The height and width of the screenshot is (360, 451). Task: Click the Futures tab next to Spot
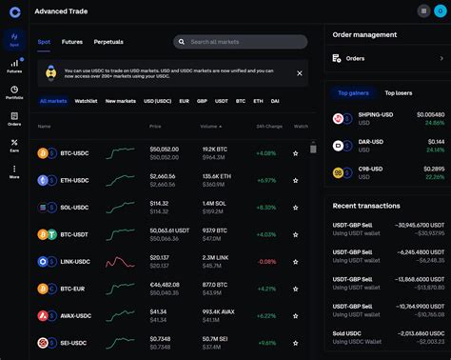(x=71, y=42)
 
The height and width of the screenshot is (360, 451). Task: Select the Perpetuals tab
(x=108, y=42)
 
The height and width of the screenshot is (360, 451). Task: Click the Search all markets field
(x=241, y=42)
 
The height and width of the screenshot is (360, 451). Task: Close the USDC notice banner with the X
(x=300, y=72)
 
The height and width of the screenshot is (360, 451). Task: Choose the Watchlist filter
(x=86, y=100)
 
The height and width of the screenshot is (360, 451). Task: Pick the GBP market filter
(x=203, y=100)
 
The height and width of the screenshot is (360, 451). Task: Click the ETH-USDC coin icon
(x=43, y=180)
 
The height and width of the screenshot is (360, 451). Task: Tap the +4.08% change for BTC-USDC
(x=265, y=152)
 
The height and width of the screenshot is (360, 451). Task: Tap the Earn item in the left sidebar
(x=14, y=147)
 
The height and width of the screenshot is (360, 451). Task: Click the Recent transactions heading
(x=366, y=206)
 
